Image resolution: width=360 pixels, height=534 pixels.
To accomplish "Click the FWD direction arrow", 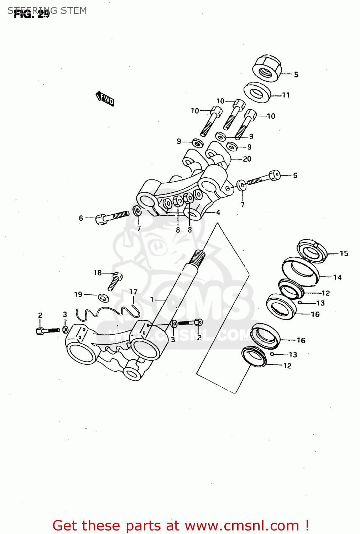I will click(105, 98).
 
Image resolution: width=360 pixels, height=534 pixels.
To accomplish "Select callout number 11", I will click(286, 95).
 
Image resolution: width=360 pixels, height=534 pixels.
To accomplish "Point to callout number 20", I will click(247, 159).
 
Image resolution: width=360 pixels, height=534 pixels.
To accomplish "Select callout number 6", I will click(81, 218).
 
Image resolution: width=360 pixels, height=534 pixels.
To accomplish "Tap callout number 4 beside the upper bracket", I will click(218, 212).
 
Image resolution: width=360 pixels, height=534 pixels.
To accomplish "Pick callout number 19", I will click(78, 294).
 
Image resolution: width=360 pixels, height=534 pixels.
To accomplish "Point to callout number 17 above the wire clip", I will click(133, 292).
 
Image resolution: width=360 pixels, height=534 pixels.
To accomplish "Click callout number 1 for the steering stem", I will click(152, 299).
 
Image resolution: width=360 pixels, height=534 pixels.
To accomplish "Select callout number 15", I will click(344, 253).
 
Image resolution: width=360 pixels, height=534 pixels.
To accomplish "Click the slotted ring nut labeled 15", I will click(312, 251).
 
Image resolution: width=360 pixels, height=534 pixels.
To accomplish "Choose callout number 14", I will click(337, 277).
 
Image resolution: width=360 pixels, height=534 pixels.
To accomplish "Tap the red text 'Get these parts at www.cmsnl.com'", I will click(181, 525).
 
